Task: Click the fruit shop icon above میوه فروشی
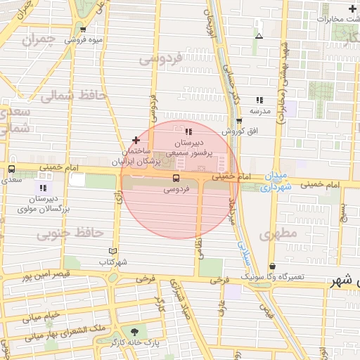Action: (83, 29)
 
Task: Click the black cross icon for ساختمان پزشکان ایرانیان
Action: (136, 141)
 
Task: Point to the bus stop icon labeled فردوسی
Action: (175, 179)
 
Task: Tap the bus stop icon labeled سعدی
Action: (11, 169)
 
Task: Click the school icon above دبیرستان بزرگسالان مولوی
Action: (43, 188)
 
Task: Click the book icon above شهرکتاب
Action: (112, 251)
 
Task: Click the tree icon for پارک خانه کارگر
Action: (133, 331)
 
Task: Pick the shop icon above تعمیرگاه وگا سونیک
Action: (272, 266)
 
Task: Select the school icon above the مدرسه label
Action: (259, 101)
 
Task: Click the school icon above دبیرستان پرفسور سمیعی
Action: (188, 131)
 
